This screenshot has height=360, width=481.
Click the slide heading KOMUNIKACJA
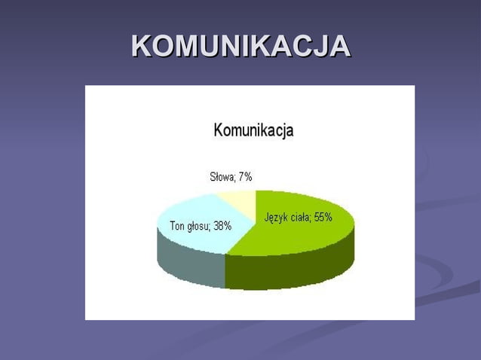pos(240,46)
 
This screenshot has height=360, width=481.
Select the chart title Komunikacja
pos(253,130)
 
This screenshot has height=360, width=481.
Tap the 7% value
pos(244,177)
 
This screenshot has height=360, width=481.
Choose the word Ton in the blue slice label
pos(178,225)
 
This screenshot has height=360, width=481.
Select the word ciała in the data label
pos(299,218)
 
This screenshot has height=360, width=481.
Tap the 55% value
pos(323,218)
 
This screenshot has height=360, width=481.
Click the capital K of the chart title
pos(219,130)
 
